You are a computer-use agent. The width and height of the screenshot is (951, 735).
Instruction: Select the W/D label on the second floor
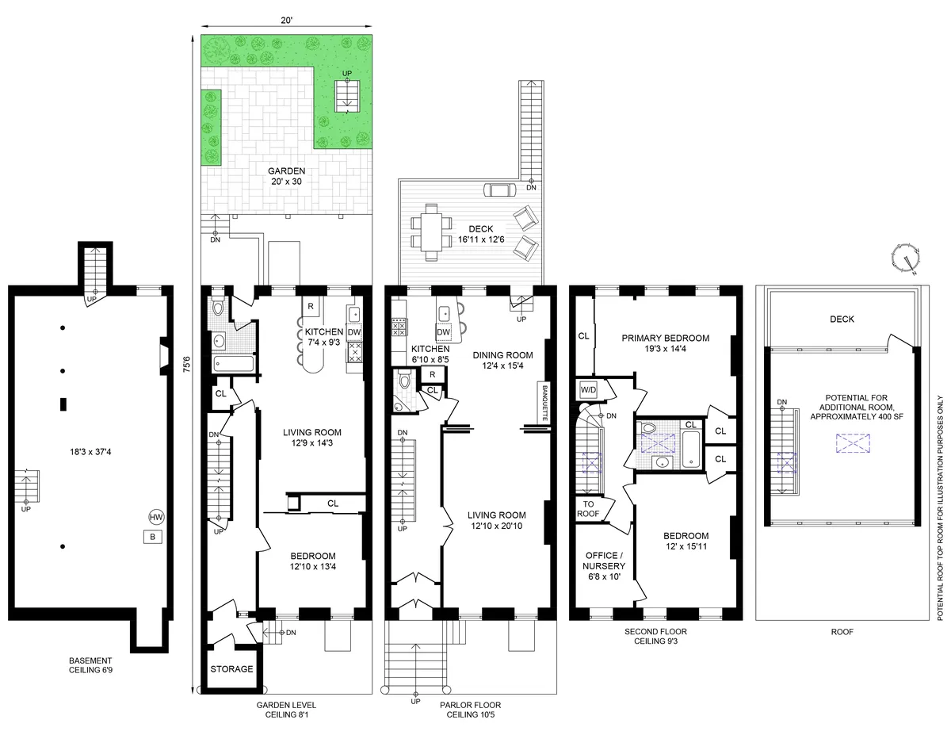tap(589, 390)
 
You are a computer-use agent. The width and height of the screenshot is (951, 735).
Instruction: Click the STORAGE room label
tap(231, 669)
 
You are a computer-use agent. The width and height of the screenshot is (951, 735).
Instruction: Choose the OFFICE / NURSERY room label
tap(605, 561)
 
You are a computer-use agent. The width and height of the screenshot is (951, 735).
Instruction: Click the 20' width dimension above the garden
tap(285, 21)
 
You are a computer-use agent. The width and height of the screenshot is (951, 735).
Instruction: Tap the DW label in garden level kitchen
tap(354, 333)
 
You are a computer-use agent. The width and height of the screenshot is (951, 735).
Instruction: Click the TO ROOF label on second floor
tap(589, 509)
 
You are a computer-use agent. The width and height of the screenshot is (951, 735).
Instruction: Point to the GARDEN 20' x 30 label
tap(286, 176)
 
